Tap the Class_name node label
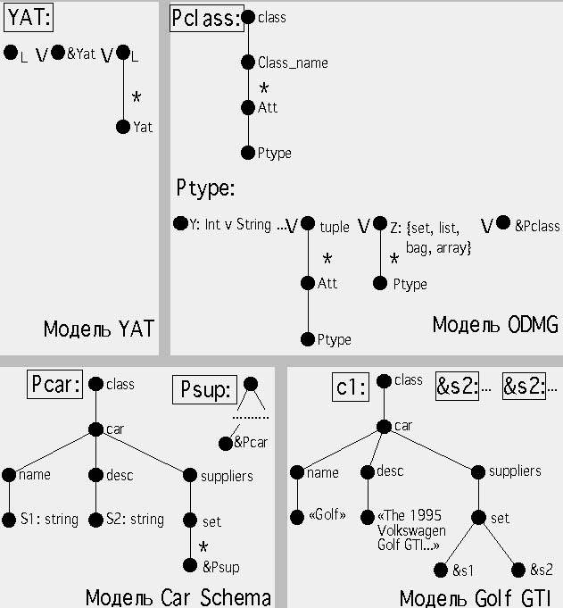[293, 63]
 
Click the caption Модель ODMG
[495, 324]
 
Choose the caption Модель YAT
[98, 329]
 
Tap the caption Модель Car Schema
[178, 596]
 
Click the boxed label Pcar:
[54, 385]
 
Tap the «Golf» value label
[326, 515]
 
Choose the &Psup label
[220, 567]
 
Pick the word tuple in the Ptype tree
[335, 228]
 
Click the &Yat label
[81, 54]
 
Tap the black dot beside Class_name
[248, 62]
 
